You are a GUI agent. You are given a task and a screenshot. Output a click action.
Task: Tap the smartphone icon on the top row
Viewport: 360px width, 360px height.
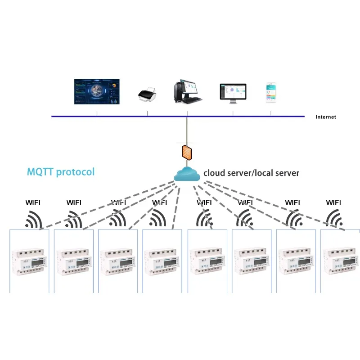click(271, 92)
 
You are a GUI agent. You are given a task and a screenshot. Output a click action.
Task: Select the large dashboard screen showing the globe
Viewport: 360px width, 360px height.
click(97, 92)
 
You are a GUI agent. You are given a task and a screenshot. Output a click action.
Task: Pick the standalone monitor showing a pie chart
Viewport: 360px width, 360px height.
click(233, 93)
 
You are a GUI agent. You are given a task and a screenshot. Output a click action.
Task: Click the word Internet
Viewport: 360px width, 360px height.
click(326, 117)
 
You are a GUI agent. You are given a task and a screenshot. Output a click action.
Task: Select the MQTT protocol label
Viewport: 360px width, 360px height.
click(61, 172)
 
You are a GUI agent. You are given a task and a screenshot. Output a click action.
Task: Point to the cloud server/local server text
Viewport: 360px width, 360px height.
click(251, 173)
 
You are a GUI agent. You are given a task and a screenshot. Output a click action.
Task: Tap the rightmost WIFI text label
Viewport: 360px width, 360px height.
click(333, 202)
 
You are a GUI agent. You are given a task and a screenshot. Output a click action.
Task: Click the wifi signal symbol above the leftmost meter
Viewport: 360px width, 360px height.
click(35, 220)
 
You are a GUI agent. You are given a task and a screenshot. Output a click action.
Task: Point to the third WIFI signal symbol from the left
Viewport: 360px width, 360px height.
click(117, 220)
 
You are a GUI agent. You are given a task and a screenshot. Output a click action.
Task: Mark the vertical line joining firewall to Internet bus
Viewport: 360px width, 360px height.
click(187, 130)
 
